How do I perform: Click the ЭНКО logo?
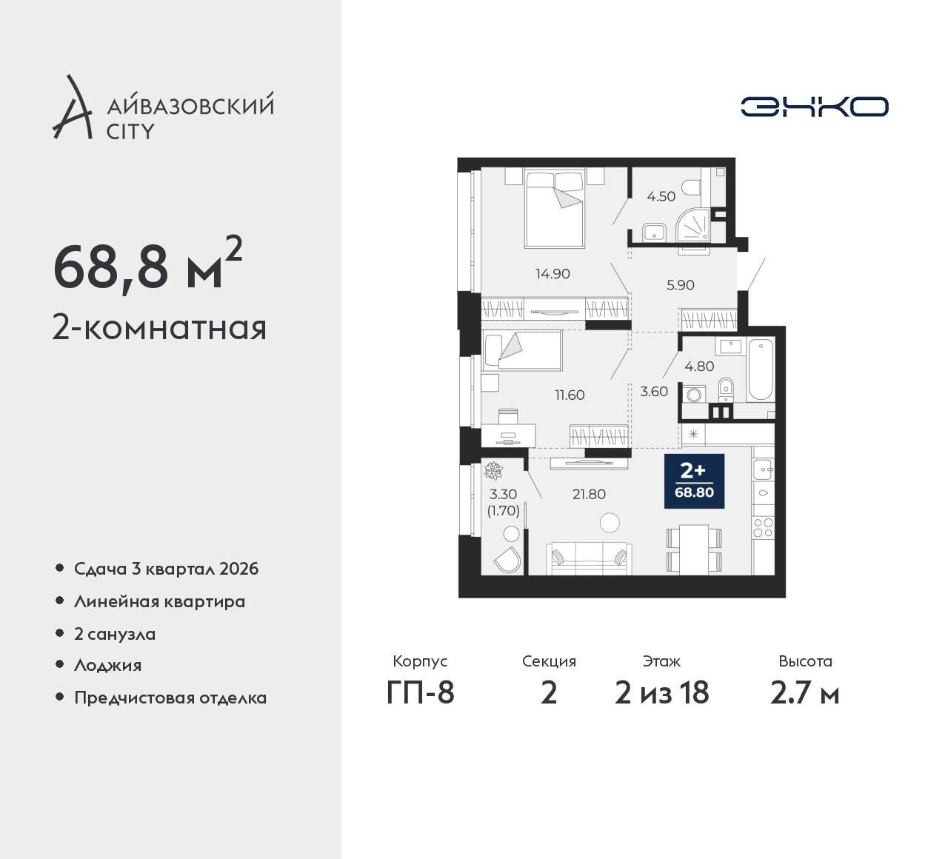815,107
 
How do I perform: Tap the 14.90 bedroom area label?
553,273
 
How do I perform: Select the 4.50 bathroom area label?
661,196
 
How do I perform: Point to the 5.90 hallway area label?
681,285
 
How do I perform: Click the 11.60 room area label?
570,395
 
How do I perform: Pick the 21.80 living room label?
589,494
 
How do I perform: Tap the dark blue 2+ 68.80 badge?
694,481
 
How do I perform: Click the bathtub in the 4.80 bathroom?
761,370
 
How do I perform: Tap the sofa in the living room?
589,558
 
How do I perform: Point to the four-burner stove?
763,527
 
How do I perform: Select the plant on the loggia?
493,471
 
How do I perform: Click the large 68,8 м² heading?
148,266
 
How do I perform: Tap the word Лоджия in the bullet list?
107,665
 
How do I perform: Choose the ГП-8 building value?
420,692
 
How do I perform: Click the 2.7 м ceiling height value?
805,693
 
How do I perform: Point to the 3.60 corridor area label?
653,391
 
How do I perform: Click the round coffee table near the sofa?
610,523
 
